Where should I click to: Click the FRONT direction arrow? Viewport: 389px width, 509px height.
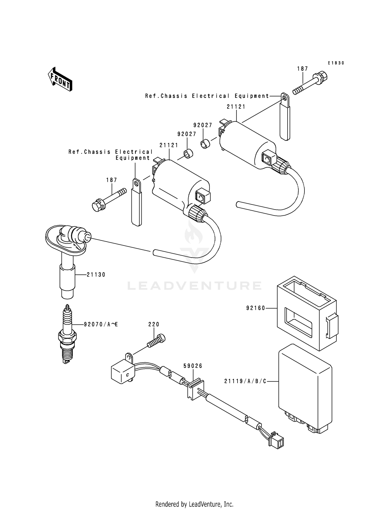(x=60, y=79)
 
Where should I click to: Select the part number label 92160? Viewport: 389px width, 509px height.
(x=256, y=308)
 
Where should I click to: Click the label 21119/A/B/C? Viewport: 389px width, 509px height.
(x=245, y=381)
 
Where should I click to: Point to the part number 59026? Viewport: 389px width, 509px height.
(x=193, y=366)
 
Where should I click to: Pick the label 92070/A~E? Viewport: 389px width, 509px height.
(x=101, y=324)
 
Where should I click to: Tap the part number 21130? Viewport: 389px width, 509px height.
(x=96, y=274)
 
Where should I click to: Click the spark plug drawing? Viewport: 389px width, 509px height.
(x=67, y=335)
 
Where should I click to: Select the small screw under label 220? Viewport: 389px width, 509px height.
(x=156, y=341)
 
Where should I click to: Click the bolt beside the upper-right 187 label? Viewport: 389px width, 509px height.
(x=310, y=84)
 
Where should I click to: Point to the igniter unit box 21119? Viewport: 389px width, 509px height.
(x=305, y=387)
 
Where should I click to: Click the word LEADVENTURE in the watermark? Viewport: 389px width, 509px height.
(x=195, y=286)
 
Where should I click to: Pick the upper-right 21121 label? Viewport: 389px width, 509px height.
(x=236, y=107)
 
